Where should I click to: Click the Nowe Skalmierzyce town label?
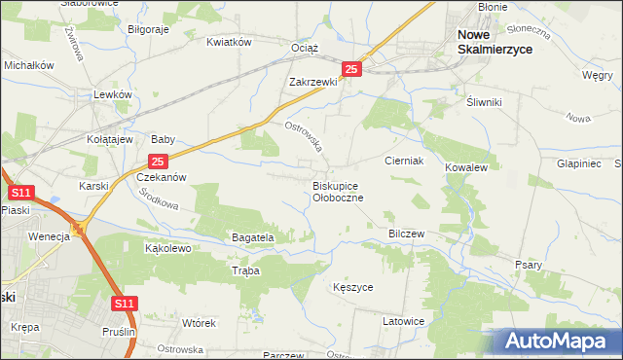495,42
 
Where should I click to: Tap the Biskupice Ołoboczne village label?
338,191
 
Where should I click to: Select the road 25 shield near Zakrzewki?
352,69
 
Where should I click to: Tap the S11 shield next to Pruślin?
124,305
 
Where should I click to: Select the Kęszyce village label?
351,288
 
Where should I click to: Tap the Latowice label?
403,321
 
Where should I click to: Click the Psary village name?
529,265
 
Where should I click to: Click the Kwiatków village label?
229,42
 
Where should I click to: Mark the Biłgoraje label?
149,29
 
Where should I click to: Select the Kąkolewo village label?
167,248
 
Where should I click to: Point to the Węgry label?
596,75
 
